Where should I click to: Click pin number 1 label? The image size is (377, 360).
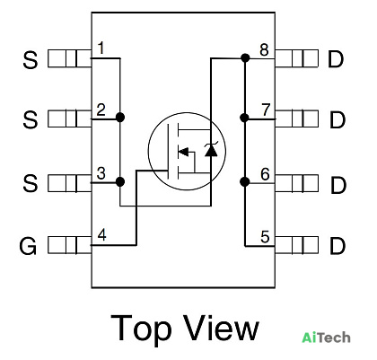point(101,48)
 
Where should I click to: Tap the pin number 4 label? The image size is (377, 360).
point(101,235)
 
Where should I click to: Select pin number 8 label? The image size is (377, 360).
point(264,49)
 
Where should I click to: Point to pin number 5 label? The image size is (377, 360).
point(265,237)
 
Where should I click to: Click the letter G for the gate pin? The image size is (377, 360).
point(28,246)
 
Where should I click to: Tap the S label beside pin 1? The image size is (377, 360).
point(31,60)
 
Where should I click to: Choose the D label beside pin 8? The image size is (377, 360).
point(336,59)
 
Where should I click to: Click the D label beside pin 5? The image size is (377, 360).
point(338,246)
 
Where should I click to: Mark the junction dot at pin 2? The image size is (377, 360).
point(120,117)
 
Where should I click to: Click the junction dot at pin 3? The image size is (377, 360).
point(120,181)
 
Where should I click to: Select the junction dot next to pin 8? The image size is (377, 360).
point(245,57)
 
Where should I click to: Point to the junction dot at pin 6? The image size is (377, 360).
point(245,181)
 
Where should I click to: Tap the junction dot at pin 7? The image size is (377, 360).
point(244,118)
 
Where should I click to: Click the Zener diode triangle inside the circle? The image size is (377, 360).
point(211,151)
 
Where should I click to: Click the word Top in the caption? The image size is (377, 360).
point(140,329)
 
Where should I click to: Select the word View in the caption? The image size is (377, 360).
point(221,327)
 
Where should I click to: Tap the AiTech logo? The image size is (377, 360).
point(326,338)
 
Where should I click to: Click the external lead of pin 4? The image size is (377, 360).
point(69,245)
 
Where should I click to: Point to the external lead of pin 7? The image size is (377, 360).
point(296,119)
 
